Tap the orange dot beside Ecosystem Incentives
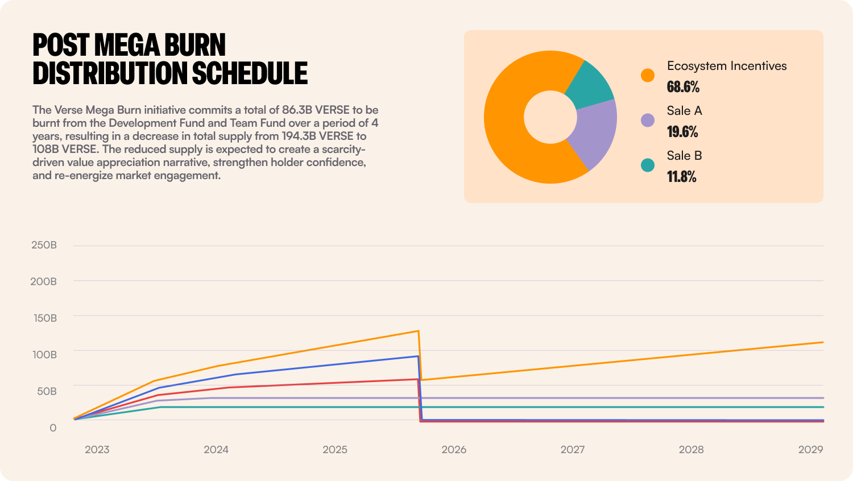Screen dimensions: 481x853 point(647,75)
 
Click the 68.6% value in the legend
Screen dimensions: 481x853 point(683,87)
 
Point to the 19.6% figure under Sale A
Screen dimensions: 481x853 point(682,132)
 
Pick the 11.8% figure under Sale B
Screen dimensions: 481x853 point(681,177)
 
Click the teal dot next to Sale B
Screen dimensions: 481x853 point(647,165)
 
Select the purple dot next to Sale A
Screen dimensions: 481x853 point(647,120)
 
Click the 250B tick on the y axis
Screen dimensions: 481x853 point(44,245)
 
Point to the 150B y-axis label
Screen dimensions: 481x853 point(45,318)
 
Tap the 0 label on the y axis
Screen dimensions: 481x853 point(53,428)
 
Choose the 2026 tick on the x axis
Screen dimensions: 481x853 point(454,450)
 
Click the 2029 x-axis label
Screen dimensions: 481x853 point(810,450)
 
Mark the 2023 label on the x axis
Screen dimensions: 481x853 point(97,450)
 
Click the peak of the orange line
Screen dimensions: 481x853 point(419,331)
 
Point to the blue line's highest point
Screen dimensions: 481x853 point(418,356)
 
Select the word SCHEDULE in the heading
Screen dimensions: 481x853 point(250,73)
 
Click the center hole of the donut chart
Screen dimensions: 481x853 point(550,117)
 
